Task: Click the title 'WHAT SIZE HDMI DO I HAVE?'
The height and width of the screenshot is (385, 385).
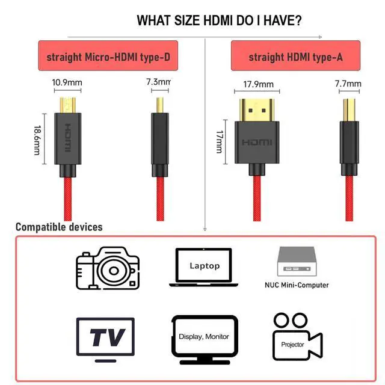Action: pyautogui.click(x=219, y=20)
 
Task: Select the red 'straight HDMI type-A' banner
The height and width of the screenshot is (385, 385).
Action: pyautogui.click(x=295, y=57)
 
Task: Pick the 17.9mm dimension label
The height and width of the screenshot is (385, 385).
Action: pyautogui.click(x=258, y=84)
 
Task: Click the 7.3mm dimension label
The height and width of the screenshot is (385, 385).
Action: pyautogui.click(x=158, y=81)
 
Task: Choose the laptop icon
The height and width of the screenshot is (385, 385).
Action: pyautogui.click(x=205, y=266)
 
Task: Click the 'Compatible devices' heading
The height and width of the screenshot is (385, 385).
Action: pyautogui.click(x=59, y=227)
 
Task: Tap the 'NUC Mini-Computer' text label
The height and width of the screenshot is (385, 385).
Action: pyautogui.click(x=297, y=285)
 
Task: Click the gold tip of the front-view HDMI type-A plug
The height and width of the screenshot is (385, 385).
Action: pyautogui.click(x=257, y=109)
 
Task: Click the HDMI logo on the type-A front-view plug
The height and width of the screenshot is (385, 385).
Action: pyautogui.click(x=257, y=142)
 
